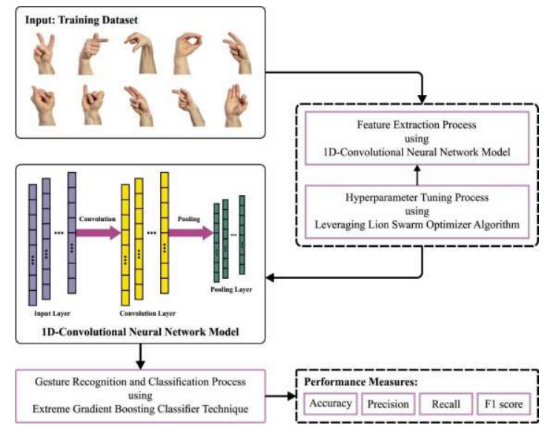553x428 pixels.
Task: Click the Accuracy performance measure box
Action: tap(330, 404)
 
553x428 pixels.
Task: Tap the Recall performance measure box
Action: tap(445, 404)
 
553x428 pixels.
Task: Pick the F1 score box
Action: tap(503, 404)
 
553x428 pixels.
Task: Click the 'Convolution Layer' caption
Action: tap(144, 312)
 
